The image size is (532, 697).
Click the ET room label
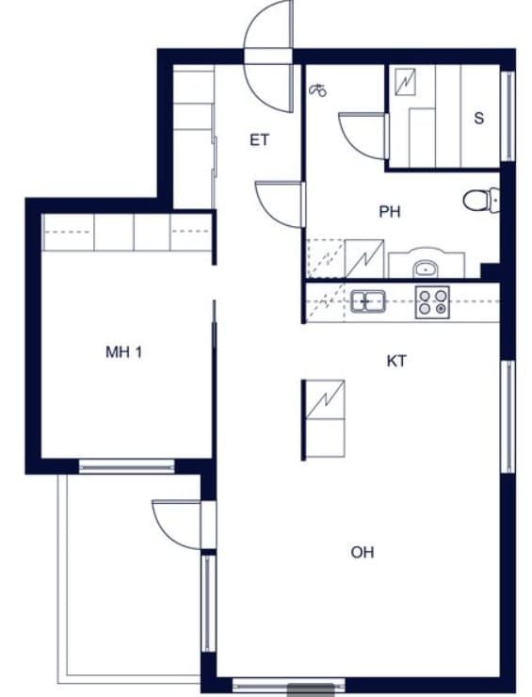click(x=260, y=140)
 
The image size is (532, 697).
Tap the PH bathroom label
click(x=390, y=212)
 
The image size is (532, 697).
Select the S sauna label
click(x=478, y=119)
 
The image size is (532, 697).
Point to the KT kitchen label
click(x=396, y=361)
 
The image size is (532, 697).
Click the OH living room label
click(x=363, y=553)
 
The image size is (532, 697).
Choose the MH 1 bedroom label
click(x=124, y=352)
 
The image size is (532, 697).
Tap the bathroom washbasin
click(x=426, y=268)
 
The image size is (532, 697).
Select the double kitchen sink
click(x=368, y=301)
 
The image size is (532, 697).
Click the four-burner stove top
click(x=432, y=302)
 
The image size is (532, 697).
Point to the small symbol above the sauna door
click(x=317, y=90)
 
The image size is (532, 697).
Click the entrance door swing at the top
click(x=269, y=56)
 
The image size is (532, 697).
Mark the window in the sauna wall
click(x=508, y=116)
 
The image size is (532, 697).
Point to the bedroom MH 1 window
click(x=127, y=466)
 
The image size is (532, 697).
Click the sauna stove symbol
click(x=405, y=82)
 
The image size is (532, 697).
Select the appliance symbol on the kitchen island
click(x=326, y=399)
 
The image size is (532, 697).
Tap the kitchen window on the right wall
click(x=508, y=416)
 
